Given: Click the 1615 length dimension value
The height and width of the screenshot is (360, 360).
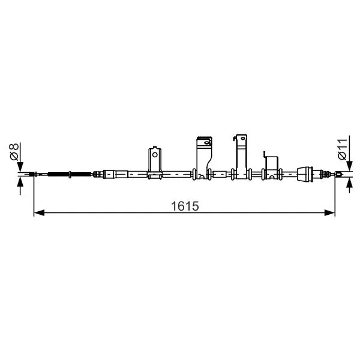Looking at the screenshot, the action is coord(185,206).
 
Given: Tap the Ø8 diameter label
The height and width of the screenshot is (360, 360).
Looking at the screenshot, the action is coord(14,152).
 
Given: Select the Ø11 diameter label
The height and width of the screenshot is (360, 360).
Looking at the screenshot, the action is coord(342,149).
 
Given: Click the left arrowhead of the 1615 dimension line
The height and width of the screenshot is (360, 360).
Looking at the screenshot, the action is coord(39,213).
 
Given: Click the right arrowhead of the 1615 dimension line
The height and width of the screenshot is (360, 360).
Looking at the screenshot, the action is coord(329,213).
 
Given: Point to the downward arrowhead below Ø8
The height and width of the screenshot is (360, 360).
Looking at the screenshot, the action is coord(20,167).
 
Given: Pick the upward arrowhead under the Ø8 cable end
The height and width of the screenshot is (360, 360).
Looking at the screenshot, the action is coord(20,182).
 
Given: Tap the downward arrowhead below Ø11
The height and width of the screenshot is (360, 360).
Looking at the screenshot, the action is coord(349,166).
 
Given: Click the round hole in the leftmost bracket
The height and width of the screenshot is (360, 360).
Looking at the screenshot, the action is coord(155,155).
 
